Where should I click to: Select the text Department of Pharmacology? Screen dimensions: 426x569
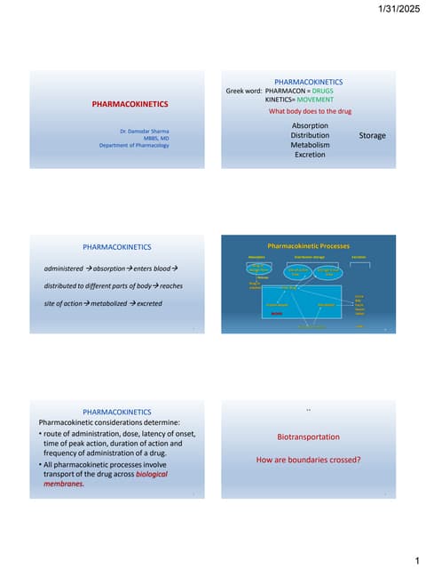[134, 145]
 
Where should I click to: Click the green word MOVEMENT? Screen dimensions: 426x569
[309, 100]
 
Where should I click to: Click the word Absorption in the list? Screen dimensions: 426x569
[310, 126]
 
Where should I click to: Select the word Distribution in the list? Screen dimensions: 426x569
[310, 135]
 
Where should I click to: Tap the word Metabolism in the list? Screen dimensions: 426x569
[310, 145]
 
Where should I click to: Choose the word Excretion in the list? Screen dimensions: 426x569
[310, 155]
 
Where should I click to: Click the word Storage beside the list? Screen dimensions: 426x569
[372, 135]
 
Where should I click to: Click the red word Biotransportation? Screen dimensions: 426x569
[308, 437]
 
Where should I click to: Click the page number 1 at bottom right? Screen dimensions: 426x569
[415, 560]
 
